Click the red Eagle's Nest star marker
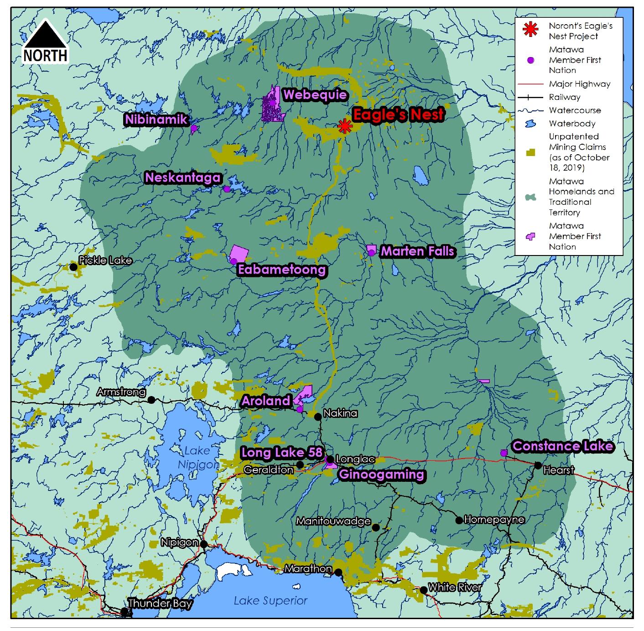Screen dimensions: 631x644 coord(345,126)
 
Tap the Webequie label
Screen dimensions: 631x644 coord(315,95)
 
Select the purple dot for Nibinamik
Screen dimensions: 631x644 coord(193,129)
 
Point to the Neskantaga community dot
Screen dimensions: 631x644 coord(227,189)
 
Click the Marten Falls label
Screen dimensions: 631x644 coord(417,251)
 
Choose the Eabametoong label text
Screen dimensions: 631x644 coord(282,270)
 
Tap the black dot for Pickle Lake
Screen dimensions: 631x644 coord(73,267)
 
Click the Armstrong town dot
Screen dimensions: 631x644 coord(151,400)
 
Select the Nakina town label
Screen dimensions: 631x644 coord(340,413)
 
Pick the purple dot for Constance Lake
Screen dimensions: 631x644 coord(504,453)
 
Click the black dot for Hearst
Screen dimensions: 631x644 coord(538,465)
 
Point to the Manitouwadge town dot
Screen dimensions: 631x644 coord(375,527)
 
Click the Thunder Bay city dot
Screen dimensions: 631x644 coord(124,611)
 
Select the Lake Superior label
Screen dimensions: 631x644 coord(270,601)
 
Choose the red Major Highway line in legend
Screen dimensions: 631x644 coord(530,84)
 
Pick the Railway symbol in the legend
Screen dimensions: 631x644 coord(530,97)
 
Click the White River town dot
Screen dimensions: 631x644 coord(423,590)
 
